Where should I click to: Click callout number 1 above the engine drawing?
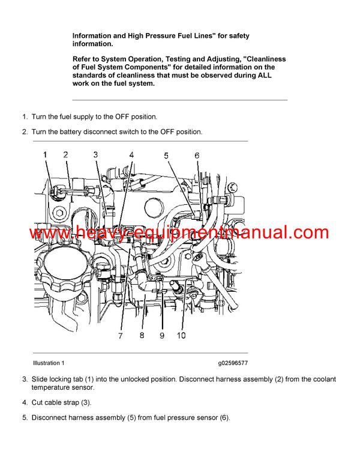(x=45, y=155)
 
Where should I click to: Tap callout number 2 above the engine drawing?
(x=65, y=155)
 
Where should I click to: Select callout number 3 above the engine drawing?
(x=95, y=155)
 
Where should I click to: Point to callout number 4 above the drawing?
(x=131, y=155)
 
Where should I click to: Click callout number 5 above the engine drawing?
(x=166, y=156)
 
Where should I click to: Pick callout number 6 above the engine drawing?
(x=196, y=156)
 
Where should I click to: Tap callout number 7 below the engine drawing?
(x=121, y=336)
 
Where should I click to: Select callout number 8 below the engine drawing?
(x=142, y=336)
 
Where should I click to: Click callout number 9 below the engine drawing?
(x=161, y=336)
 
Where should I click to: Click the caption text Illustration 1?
(x=49, y=363)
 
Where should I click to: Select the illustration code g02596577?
(x=233, y=363)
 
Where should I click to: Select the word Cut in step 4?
(x=38, y=403)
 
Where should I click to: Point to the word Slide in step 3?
(x=41, y=380)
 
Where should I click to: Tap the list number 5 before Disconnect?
(x=25, y=418)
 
